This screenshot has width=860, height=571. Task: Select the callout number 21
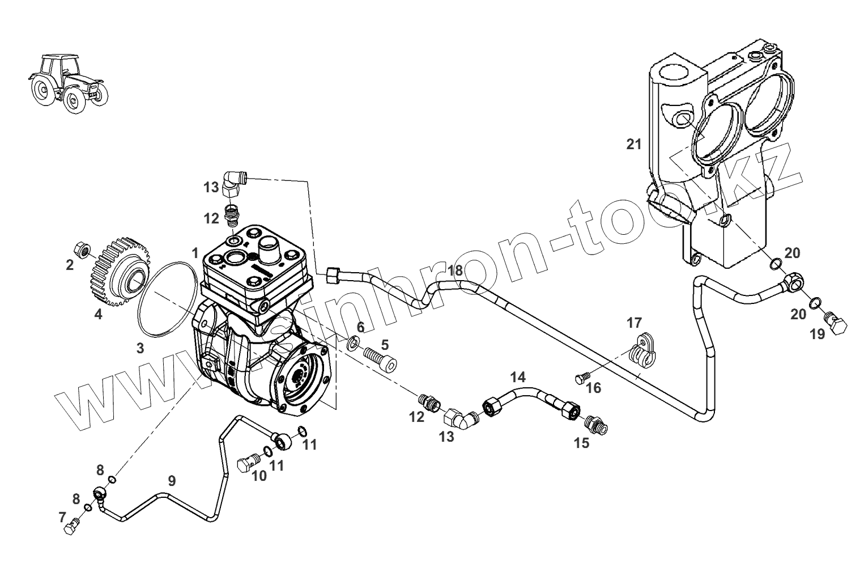(634, 145)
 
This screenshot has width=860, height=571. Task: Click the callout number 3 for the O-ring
(139, 348)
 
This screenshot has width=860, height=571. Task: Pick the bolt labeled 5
(379, 359)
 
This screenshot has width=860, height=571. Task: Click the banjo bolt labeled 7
(71, 526)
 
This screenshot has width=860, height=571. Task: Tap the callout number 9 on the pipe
(172, 481)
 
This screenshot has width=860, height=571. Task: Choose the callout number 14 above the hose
(517, 377)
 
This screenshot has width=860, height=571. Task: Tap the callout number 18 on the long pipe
(455, 270)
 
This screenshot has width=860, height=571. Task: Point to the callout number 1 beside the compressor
(194, 253)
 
